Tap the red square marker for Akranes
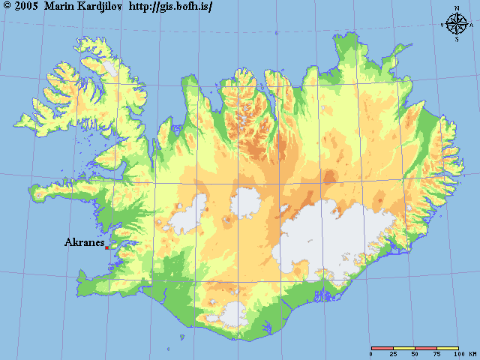click(x=106, y=247)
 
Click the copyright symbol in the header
click(x=7, y=7)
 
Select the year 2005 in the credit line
click(x=27, y=7)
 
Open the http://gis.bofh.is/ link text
click(x=170, y=7)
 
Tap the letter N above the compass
click(x=456, y=8)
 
